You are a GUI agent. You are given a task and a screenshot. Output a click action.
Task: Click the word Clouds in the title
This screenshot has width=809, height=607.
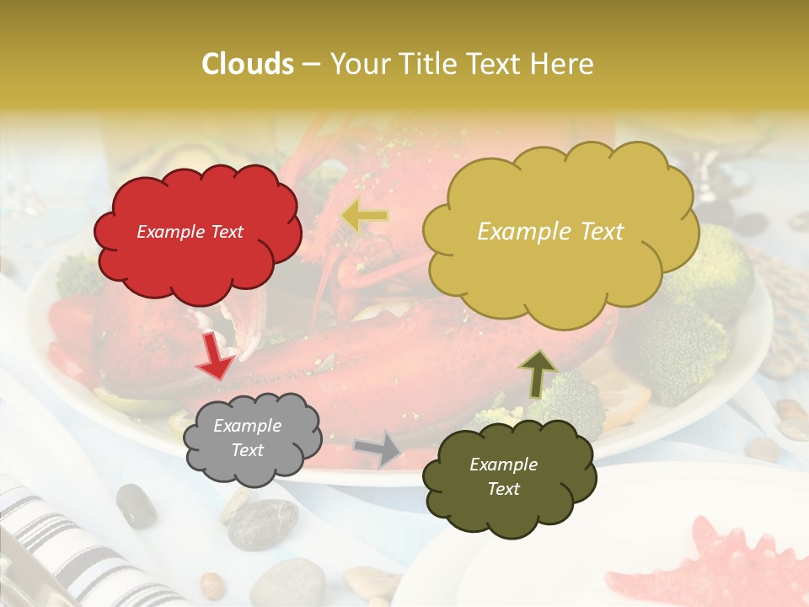click(248, 64)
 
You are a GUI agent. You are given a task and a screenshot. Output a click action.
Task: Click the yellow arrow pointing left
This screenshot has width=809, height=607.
click(365, 216)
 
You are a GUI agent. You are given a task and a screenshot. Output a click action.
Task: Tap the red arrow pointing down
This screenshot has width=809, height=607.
click(216, 356)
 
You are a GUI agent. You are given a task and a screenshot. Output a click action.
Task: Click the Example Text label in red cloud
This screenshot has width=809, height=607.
click(190, 232)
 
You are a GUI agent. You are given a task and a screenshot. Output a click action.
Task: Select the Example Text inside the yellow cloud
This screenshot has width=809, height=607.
click(550, 232)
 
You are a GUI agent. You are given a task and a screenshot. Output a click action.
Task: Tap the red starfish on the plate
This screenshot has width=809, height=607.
click(725, 565)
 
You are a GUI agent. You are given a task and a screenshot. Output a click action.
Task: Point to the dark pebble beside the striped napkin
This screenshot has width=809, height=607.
click(136, 505)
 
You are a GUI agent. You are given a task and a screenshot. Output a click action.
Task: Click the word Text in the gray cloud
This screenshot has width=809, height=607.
click(247, 451)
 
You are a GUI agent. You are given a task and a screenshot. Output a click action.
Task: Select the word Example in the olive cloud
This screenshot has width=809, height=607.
click(503, 465)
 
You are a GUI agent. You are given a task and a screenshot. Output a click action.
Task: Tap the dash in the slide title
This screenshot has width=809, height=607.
click(312, 64)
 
